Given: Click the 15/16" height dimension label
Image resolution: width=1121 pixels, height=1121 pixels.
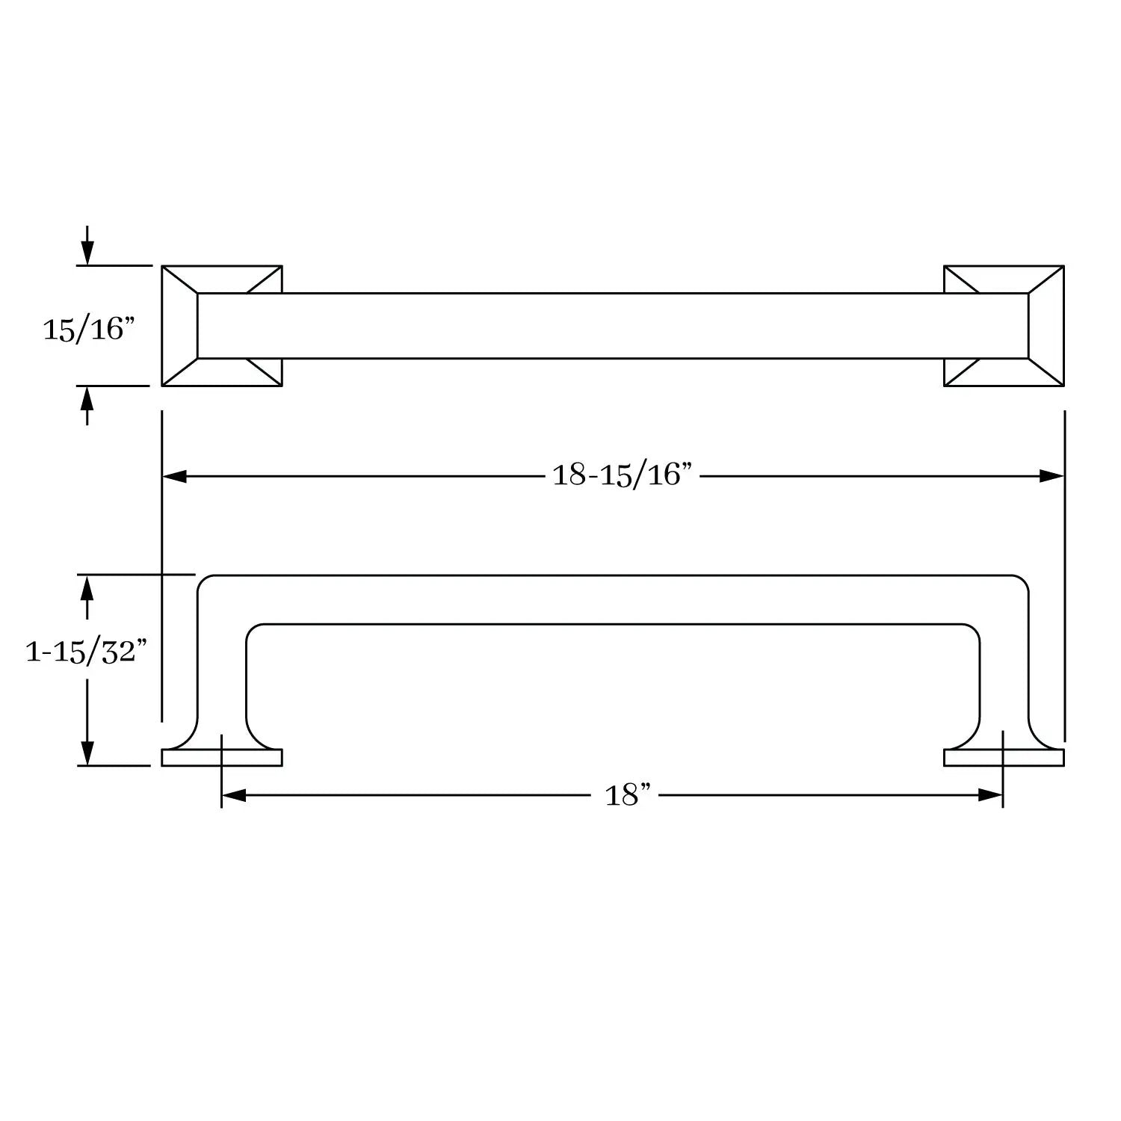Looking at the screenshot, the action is click(x=88, y=329).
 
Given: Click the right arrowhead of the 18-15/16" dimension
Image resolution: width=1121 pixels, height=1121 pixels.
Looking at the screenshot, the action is click(x=1051, y=476).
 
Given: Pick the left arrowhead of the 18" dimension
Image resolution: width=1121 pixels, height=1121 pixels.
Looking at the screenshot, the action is click(x=234, y=796).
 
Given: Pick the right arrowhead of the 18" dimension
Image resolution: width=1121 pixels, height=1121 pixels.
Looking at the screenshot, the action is click(x=990, y=796).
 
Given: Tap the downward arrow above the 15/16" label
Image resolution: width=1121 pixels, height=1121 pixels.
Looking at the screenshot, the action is click(x=87, y=245).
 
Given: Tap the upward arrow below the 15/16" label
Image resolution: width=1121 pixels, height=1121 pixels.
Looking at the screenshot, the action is click(x=87, y=406).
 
